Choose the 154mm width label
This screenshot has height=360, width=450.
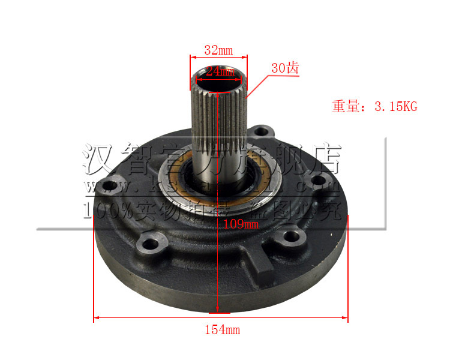pos(222,329)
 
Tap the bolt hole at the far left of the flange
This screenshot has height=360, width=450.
pos(109,185)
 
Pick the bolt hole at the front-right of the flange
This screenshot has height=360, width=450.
pos(291,236)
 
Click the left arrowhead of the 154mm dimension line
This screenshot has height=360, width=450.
pos(96,318)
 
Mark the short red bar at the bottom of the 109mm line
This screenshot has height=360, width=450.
pos(218,313)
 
